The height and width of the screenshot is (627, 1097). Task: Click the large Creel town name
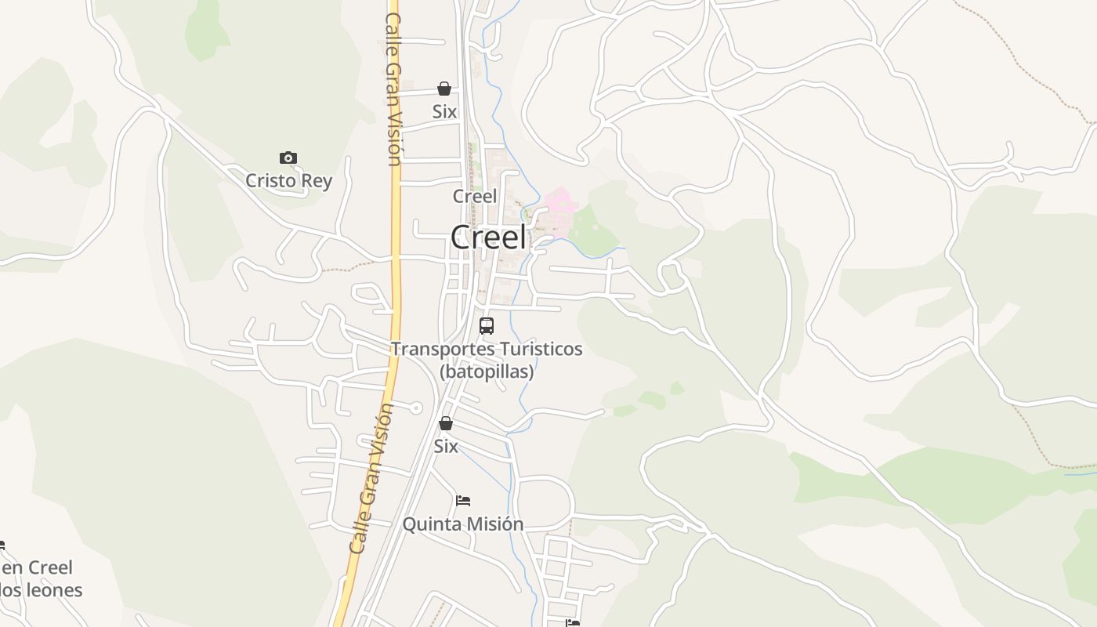488,237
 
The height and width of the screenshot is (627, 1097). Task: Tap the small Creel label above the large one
475,196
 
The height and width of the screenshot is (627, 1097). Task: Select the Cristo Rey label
289,181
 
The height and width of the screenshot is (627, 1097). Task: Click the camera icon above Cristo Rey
288,158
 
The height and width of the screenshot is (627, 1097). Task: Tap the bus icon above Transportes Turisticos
487,325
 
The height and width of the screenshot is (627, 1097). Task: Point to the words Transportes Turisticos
487,349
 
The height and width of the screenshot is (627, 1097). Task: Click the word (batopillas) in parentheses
487,371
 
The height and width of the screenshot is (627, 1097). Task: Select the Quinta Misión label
463,524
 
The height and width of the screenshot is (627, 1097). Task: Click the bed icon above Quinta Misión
463,500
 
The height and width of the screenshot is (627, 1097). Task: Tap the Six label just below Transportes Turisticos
446,447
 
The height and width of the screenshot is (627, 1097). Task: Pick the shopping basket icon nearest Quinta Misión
446,424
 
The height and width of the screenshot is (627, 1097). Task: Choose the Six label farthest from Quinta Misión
444,112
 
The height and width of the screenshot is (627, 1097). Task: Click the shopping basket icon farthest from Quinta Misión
444,89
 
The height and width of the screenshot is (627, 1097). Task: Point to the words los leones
41,589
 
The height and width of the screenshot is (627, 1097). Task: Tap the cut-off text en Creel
37,567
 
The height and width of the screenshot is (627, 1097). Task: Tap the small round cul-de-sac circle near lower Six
416,408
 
